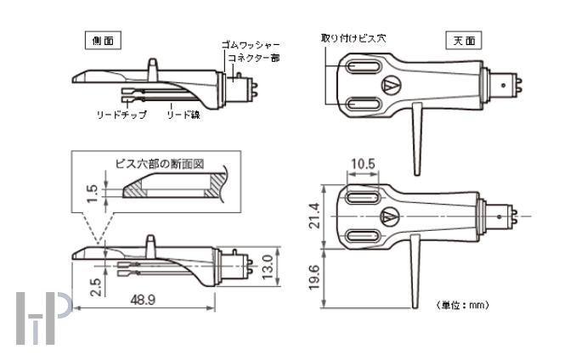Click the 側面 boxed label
(100, 40)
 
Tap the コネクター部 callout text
(253, 58)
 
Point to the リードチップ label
(121, 113)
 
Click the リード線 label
(183, 113)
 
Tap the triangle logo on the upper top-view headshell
(392, 85)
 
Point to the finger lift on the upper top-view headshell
(419, 139)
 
